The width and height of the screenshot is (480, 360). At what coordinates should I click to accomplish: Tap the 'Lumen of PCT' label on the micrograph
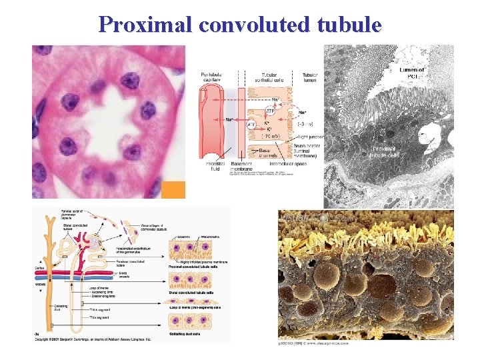412,73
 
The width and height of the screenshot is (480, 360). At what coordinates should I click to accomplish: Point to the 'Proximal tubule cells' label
385,151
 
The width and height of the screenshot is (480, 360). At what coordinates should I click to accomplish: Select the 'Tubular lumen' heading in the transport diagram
310,77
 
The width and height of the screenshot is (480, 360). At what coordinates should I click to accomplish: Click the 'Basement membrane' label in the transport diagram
241,166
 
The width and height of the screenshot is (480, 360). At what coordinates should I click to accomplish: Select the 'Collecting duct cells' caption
192,333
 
